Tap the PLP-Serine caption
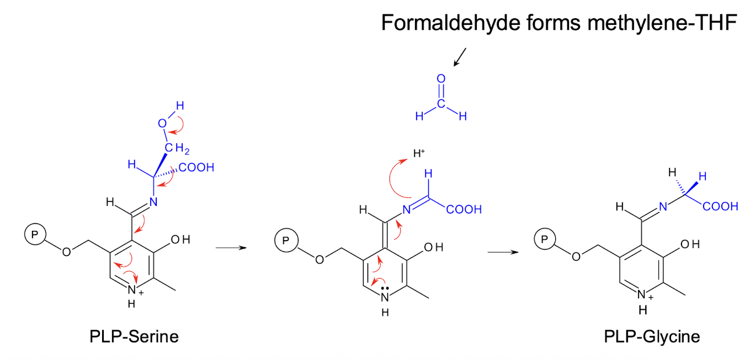point(134,336)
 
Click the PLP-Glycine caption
point(652,336)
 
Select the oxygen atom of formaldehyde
point(441,79)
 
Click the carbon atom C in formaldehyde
point(441,103)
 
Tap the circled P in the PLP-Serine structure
point(33,235)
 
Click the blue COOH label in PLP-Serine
point(196,168)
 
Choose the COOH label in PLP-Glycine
point(720,207)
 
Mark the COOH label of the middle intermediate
point(464,210)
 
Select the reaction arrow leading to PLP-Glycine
point(504,252)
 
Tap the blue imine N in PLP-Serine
point(153,202)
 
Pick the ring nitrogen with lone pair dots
point(385,297)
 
